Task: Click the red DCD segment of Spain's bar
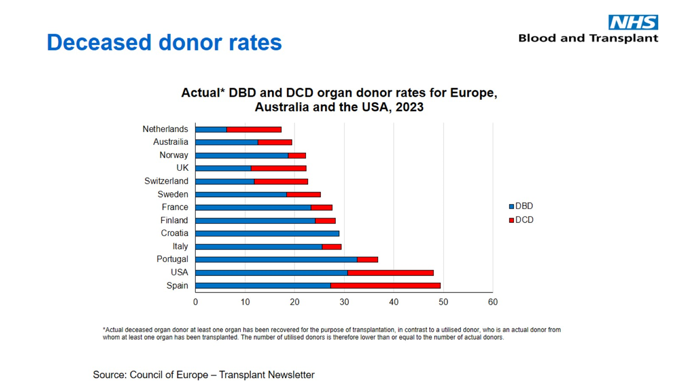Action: click(x=385, y=285)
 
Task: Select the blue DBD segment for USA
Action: click(x=271, y=273)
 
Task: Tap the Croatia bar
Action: click(x=267, y=233)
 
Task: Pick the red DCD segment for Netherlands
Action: click(x=254, y=129)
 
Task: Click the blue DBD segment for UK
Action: click(x=223, y=168)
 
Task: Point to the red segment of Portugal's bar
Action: click(x=367, y=259)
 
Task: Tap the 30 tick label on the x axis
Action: click(x=344, y=302)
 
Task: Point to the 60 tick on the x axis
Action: click(x=493, y=302)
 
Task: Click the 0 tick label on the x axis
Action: click(x=195, y=302)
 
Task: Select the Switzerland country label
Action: click(x=166, y=181)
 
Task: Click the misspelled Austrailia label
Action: click(x=170, y=142)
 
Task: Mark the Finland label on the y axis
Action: click(x=174, y=220)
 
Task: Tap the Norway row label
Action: click(x=173, y=155)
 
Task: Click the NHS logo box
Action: click(x=633, y=22)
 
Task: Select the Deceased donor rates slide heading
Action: click(x=164, y=42)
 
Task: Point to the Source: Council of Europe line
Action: click(x=204, y=375)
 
